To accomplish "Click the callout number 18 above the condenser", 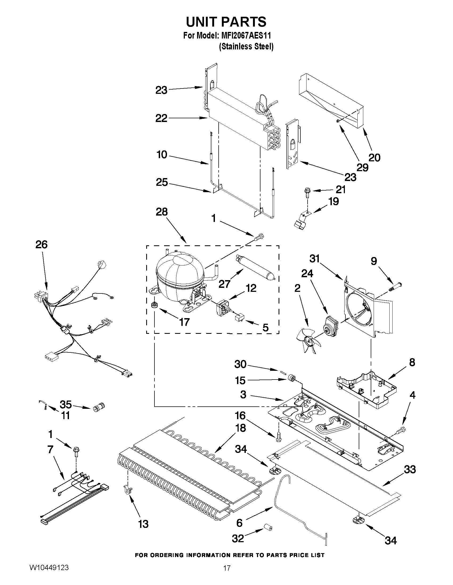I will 240,428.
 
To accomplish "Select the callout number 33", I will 410,469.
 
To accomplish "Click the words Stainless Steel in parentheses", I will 246,47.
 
